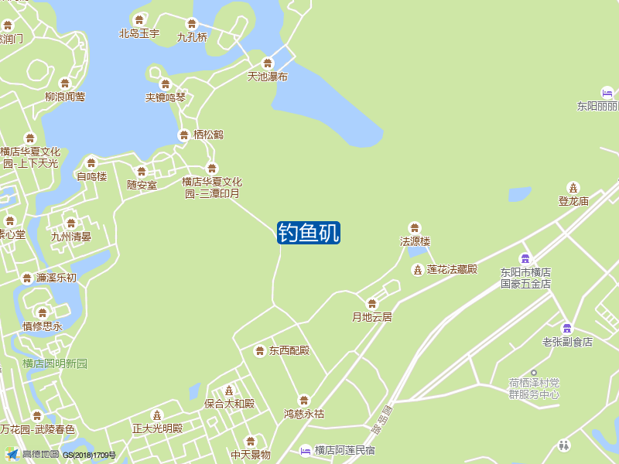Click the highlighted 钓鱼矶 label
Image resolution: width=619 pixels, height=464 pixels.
309,233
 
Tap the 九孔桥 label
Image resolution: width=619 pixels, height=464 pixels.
193,36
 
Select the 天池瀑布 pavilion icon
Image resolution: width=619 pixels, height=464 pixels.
268,63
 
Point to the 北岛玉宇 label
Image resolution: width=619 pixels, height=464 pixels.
139,33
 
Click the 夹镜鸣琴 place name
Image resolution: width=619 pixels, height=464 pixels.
166,97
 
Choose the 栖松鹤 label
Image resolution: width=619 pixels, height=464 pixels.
208,135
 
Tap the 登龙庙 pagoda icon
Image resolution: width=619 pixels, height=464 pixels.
573,187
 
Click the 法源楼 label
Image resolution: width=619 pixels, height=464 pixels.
415,241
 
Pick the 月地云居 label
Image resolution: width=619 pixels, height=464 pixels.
372,316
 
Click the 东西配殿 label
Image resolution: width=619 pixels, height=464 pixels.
289,350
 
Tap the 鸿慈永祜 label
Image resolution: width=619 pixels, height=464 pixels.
304,414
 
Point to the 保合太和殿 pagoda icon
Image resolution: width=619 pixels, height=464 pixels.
228,390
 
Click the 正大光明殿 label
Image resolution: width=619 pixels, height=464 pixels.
157,428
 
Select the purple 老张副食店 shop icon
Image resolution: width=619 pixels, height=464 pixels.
566,328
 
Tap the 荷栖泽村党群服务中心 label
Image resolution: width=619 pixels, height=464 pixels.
534,388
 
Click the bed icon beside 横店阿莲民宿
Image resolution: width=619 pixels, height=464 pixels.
306,450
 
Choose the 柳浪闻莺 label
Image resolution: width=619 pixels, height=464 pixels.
65,97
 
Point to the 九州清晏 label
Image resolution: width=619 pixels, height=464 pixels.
71,237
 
